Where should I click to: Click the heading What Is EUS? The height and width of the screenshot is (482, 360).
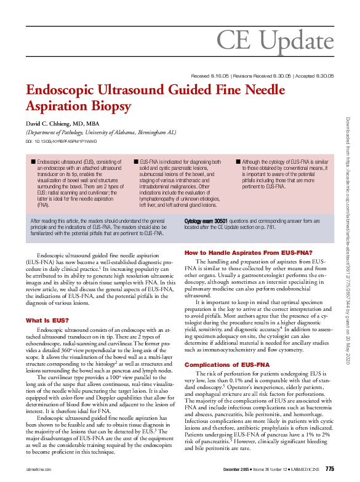(x=47, y=320)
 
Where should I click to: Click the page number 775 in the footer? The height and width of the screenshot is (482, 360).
(x=329, y=470)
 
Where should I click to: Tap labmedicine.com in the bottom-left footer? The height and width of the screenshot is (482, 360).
(x=39, y=471)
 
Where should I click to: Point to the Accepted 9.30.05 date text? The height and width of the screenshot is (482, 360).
(x=313, y=76)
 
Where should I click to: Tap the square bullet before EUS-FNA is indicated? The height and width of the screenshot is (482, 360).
(x=135, y=161)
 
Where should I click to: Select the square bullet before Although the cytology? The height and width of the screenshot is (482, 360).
(x=238, y=161)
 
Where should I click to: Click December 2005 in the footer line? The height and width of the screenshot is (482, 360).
(x=236, y=471)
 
